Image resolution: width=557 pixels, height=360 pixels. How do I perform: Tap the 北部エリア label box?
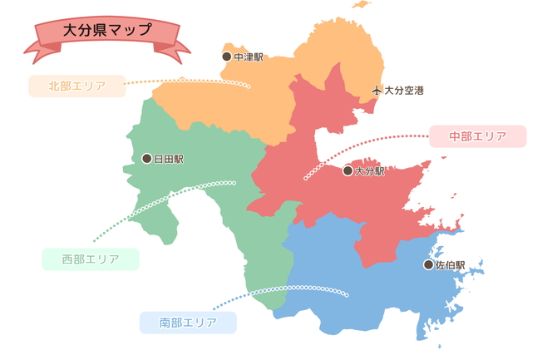click(x=76, y=86)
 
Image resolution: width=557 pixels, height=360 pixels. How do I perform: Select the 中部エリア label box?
click(x=477, y=136)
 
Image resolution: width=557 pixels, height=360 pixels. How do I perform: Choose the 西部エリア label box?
click(x=90, y=259)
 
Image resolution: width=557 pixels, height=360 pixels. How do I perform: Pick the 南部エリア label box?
click(x=188, y=322)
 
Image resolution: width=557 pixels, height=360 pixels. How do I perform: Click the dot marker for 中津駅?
click(x=226, y=57)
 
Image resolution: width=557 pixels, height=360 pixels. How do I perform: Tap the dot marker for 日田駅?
click(x=146, y=158)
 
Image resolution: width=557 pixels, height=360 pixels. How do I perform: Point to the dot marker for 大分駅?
click(x=348, y=170)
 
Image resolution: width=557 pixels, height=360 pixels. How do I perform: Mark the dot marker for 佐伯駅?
click(x=428, y=264)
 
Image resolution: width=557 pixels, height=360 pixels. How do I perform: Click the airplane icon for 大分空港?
click(x=376, y=90)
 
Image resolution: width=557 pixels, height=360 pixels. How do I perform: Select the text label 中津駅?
click(x=249, y=57)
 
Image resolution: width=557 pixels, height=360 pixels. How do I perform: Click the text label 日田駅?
click(x=169, y=158)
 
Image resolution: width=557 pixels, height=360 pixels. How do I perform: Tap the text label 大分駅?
click(x=370, y=170)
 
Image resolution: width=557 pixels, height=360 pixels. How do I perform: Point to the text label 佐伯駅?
click(x=451, y=264)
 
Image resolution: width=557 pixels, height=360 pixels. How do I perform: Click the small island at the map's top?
click(x=360, y=5)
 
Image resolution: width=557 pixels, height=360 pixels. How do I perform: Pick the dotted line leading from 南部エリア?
click(x=283, y=288)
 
